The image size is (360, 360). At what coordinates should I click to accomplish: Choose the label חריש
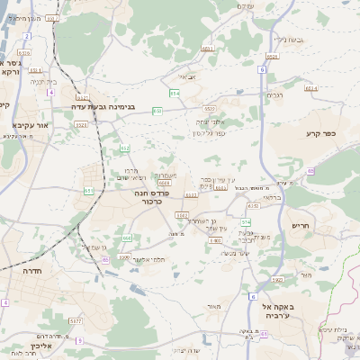[301, 225]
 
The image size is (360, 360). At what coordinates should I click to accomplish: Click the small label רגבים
[274, 94]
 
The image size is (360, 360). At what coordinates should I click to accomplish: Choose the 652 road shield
[125, 148]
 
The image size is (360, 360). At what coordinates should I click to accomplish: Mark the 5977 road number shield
[76, 319]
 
